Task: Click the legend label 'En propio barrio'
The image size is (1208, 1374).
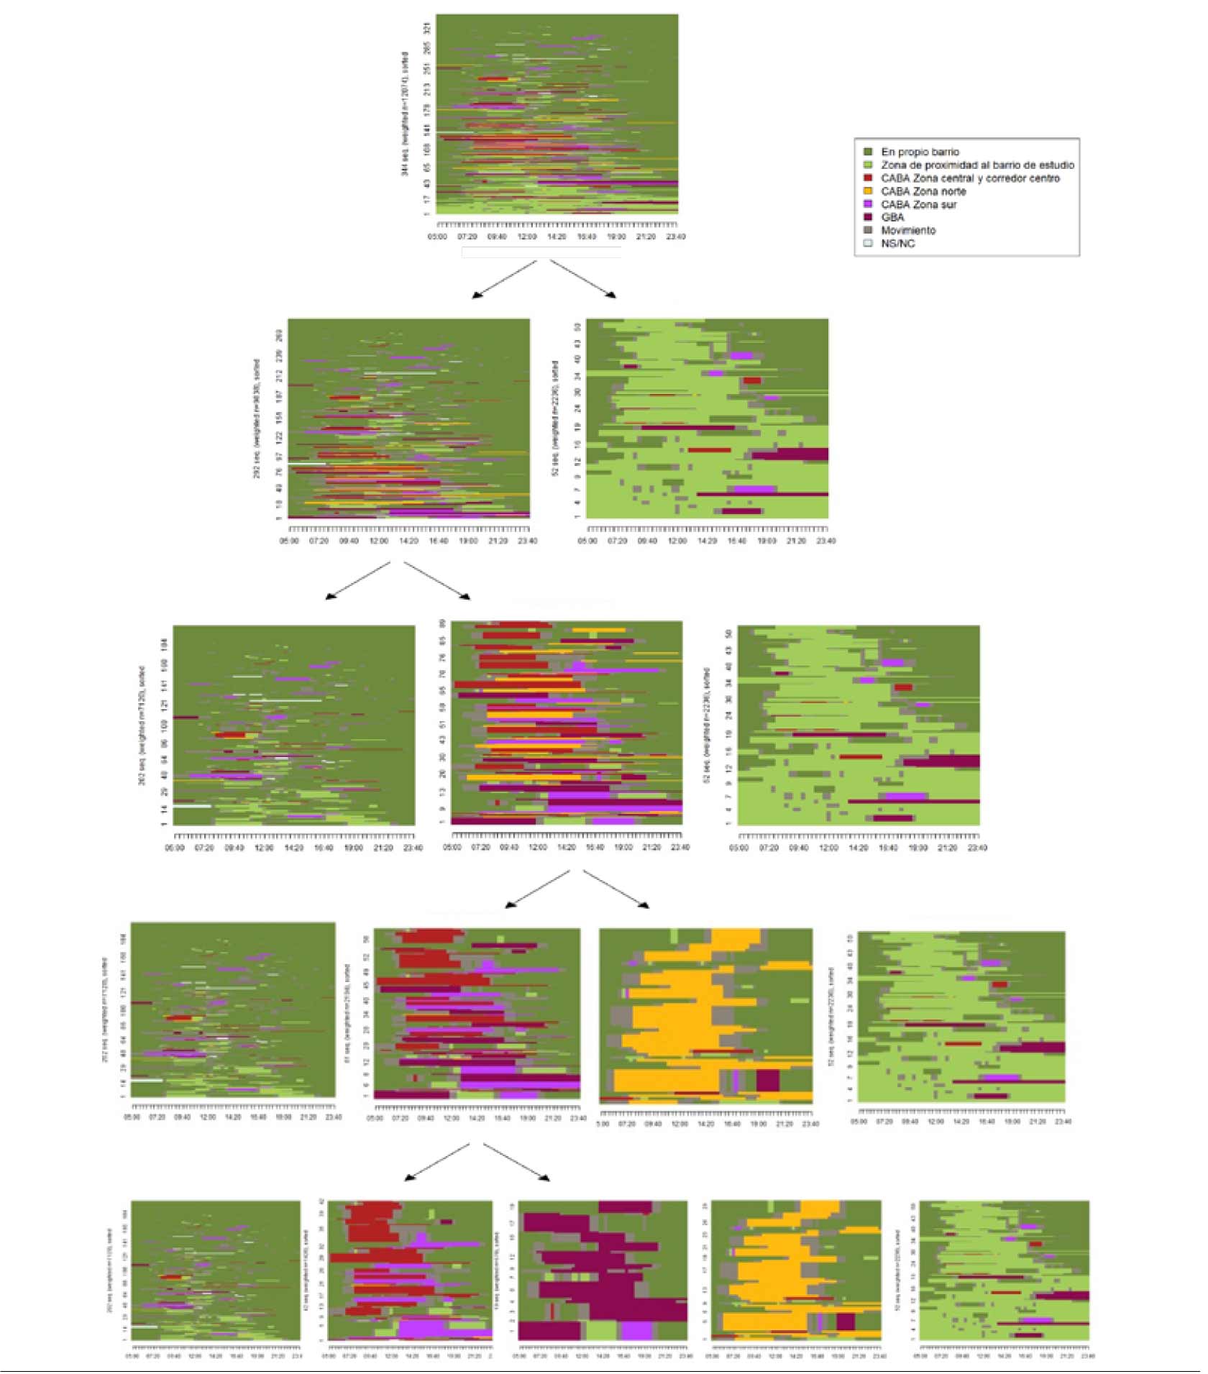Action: (x=920, y=152)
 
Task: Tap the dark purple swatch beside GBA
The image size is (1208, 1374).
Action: (x=868, y=216)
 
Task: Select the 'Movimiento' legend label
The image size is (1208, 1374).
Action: (x=908, y=230)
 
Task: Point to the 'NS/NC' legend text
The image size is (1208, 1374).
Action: (x=898, y=244)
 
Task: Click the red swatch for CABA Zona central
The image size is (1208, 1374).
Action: (x=868, y=178)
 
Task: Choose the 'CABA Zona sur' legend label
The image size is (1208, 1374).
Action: (x=918, y=204)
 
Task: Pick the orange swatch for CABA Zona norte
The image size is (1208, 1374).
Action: (x=868, y=191)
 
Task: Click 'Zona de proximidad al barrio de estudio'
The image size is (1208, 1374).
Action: (x=977, y=165)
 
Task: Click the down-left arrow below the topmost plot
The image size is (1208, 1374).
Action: (x=504, y=279)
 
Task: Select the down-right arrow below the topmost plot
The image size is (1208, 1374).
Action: (x=583, y=279)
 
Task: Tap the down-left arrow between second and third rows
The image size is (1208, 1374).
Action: (x=358, y=580)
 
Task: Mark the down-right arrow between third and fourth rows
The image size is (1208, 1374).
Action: (x=616, y=889)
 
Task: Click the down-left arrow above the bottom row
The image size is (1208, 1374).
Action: (x=437, y=1163)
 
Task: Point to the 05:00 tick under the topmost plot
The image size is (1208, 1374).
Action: (x=437, y=237)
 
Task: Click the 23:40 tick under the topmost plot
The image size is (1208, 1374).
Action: (x=675, y=237)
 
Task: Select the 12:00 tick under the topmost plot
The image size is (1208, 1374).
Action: (x=527, y=237)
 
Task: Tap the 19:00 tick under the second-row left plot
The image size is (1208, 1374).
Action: (x=468, y=541)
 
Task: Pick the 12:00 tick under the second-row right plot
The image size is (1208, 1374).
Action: (x=677, y=541)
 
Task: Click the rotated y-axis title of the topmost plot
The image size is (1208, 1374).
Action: (x=406, y=114)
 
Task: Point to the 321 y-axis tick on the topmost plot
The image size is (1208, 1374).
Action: (x=427, y=28)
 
